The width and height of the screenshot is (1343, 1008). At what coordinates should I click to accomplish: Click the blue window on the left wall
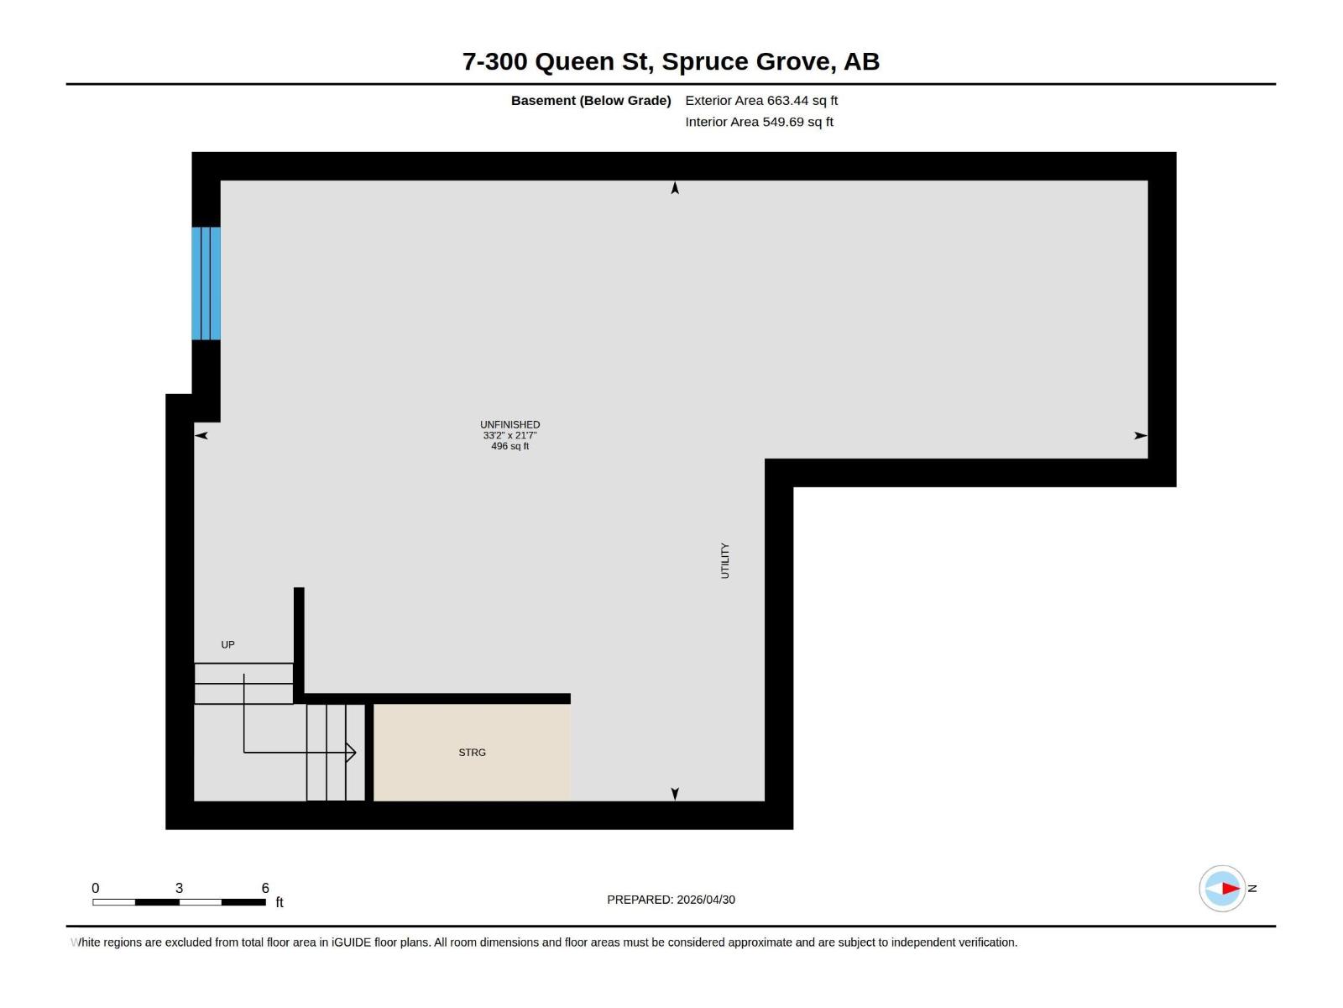[x=206, y=283]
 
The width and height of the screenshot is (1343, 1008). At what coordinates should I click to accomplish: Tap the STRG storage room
[x=472, y=753]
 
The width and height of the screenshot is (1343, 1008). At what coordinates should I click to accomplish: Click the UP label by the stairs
[x=227, y=645]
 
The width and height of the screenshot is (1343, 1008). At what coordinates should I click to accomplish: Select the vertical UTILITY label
[x=725, y=560]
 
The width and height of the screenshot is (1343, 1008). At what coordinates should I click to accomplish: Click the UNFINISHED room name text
[x=510, y=425]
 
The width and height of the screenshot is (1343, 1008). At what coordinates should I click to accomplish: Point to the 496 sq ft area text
[x=510, y=446]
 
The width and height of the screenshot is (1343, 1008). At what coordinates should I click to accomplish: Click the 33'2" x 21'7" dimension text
[x=510, y=436]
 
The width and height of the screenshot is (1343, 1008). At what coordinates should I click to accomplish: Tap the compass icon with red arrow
[x=1222, y=888]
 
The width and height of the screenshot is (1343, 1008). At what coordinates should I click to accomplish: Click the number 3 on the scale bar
[x=179, y=888]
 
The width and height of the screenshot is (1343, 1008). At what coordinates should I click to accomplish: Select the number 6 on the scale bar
[x=265, y=888]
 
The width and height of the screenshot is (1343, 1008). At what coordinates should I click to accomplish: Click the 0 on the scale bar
[x=96, y=888]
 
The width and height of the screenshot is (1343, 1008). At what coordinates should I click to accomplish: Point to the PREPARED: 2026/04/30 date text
[x=671, y=900]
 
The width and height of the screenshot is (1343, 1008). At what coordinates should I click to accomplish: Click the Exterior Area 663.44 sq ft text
[x=761, y=101]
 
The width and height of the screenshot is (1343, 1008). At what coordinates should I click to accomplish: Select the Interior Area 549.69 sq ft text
[x=759, y=122]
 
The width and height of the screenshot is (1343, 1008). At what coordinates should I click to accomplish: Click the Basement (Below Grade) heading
[x=591, y=101]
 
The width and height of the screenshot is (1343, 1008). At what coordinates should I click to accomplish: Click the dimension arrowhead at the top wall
[x=675, y=188]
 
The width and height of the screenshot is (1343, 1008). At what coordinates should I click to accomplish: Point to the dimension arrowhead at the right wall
[x=1140, y=435]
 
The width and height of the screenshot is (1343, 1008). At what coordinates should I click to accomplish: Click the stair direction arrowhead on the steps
[x=351, y=753]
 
